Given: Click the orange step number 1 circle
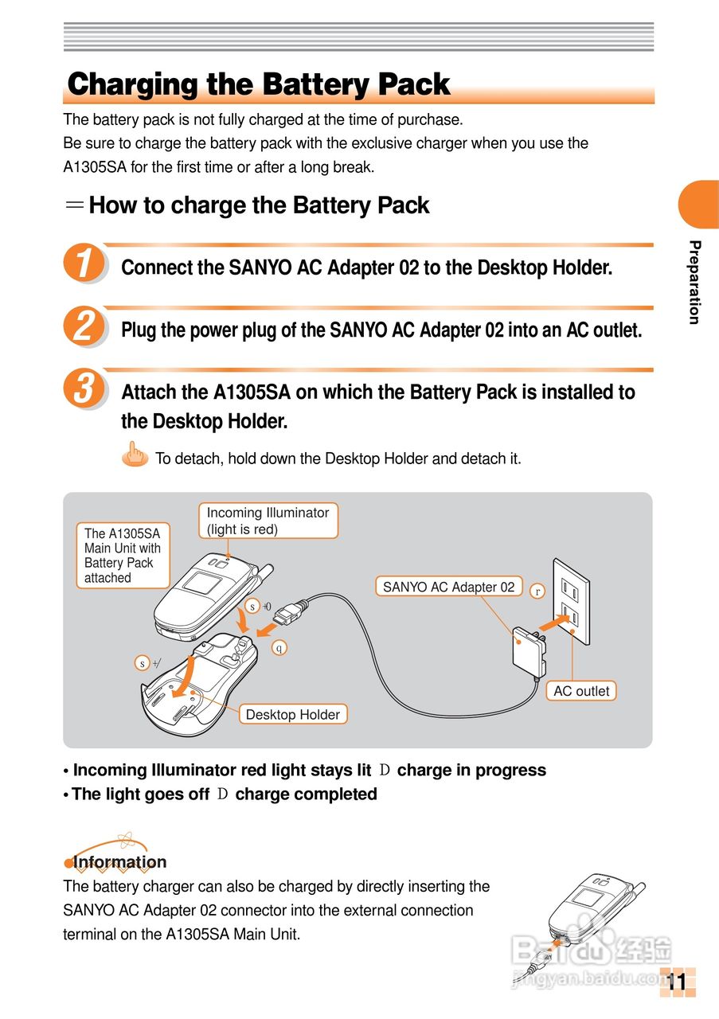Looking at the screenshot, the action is (x=84, y=262).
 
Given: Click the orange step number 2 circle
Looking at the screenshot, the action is (x=84, y=326).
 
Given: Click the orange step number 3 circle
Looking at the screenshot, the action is (x=84, y=388).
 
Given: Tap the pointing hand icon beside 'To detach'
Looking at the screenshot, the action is (x=135, y=454).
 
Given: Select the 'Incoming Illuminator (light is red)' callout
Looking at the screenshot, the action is (x=268, y=521).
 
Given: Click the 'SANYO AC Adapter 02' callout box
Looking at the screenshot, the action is (x=449, y=587).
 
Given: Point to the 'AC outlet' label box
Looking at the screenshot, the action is (x=581, y=690).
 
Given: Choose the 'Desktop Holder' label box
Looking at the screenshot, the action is (x=293, y=714).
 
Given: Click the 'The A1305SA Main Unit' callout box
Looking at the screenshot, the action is (x=123, y=556).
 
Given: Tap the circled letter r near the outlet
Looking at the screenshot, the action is (x=537, y=591).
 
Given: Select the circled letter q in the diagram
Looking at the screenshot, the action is (x=279, y=648).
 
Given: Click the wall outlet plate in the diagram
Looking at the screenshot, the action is (x=571, y=601).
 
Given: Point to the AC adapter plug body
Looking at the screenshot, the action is (x=528, y=652).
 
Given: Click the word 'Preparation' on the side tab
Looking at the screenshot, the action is (x=694, y=282).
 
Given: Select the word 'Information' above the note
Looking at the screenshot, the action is (x=119, y=861).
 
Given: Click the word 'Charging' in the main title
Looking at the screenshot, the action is (x=132, y=84).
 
